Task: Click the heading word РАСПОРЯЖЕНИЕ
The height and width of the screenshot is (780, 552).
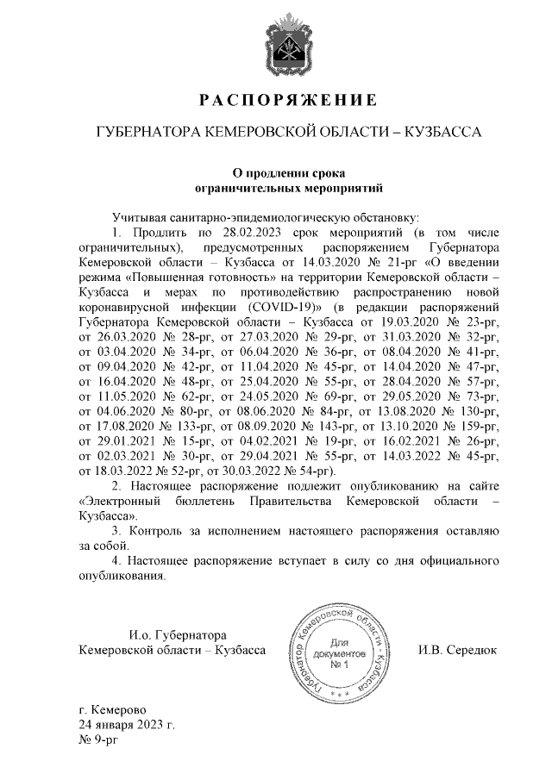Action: click(288, 101)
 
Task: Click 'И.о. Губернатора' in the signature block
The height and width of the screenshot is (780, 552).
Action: click(165, 634)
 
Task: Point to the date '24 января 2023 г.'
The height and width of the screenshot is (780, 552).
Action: click(125, 725)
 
